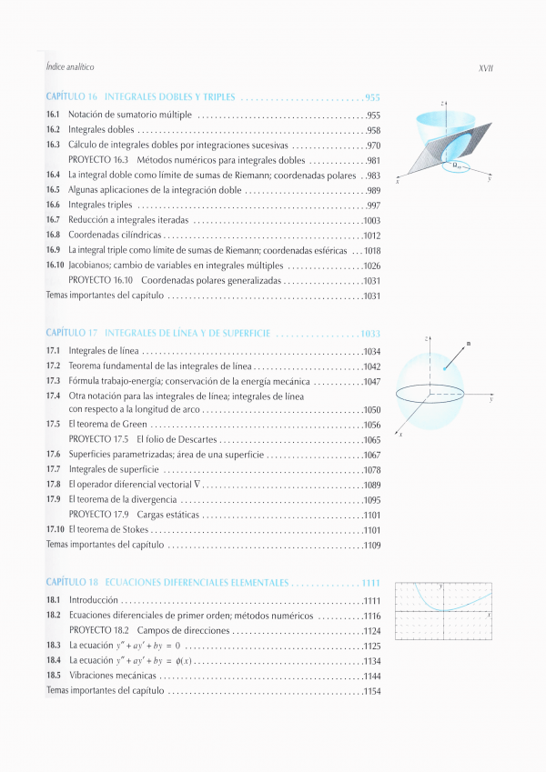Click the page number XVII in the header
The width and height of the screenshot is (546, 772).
click(484, 68)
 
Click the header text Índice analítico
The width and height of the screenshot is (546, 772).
click(70, 68)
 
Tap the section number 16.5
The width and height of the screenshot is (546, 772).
click(53, 190)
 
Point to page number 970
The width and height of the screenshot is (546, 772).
click(372, 145)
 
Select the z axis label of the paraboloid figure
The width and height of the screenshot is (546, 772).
click(441, 105)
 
